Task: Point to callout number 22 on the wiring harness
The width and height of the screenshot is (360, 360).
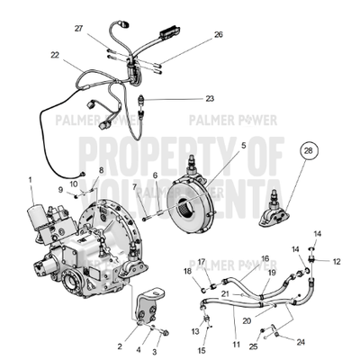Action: [x=55, y=56]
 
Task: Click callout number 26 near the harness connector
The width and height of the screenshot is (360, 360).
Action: [x=218, y=35]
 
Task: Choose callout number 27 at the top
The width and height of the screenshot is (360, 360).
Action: [x=79, y=29]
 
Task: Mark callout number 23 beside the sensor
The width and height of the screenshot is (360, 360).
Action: [x=210, y=98]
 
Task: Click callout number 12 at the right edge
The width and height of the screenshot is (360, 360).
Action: [x=337, y=261]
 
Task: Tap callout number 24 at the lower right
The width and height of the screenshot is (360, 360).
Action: [x=300, y=341]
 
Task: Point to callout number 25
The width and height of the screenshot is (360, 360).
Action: [x=254, y=346]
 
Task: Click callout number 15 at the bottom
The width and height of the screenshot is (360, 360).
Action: [x=202, y=350]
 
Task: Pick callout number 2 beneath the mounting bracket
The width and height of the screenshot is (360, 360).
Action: [x=119, y=346]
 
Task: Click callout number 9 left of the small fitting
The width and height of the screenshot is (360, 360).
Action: [x=62, y=189]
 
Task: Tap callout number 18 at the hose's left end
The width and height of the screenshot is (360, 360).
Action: [x=188, y=270]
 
